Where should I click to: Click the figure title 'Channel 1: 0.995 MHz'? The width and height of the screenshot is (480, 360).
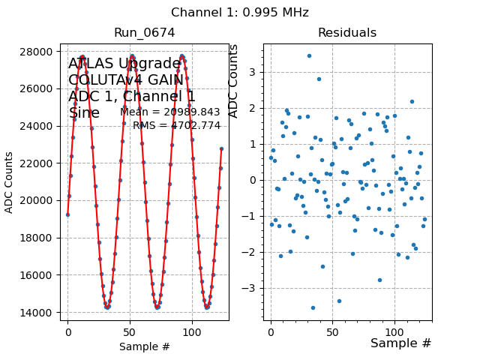point(240,13)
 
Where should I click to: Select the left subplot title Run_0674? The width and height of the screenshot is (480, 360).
point(144,32)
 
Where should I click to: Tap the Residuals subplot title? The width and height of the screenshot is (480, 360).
point(347,32)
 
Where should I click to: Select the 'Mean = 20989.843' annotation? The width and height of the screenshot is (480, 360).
point(170,112)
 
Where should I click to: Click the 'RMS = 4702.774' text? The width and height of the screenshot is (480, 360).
point(176,125)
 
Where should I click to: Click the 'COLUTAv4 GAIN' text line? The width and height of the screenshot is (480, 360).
point(126,80)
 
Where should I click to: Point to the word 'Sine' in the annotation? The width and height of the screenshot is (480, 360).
point(84,113)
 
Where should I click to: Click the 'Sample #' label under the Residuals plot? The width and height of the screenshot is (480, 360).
point(400,343)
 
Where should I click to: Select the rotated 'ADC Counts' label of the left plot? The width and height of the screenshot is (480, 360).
point(9,182)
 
